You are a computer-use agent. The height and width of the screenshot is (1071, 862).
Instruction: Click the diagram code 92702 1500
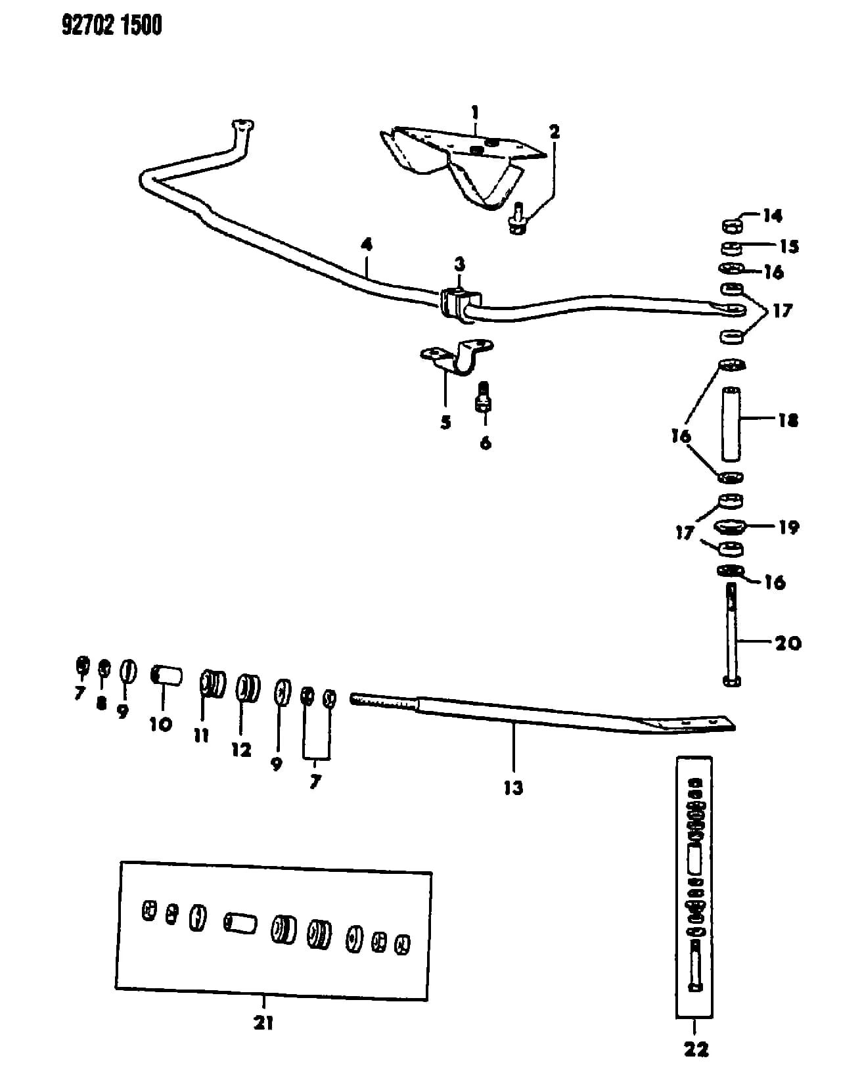point(112,25)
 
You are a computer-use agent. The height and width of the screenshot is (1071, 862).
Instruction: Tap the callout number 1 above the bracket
point(475,112)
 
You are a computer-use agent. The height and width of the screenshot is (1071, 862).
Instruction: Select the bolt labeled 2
point(518,220)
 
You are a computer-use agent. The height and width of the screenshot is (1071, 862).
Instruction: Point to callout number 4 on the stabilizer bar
point(367,244)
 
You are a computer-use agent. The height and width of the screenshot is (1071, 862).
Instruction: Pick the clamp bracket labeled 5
point(457,357)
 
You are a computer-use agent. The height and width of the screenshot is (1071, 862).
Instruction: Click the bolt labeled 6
point(484,397)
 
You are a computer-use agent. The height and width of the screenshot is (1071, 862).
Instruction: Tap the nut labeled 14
point(732,226)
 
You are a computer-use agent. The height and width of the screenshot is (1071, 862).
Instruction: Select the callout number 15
point(789,246)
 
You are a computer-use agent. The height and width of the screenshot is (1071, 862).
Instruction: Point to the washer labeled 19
point(730,526)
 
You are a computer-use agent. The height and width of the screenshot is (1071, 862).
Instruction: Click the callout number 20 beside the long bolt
point(788,643)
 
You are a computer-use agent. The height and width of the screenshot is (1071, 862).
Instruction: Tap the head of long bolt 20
point(732,681)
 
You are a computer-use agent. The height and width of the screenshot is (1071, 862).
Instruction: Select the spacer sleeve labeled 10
point(167,675)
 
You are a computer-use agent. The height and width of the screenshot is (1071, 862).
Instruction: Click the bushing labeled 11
point(212,684)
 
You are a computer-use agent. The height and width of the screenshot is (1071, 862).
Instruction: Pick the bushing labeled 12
point(248,688)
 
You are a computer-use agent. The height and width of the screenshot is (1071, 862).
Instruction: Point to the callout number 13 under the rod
point(513,788)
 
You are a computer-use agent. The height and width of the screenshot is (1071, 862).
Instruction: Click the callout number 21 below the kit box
point(263,1019)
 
